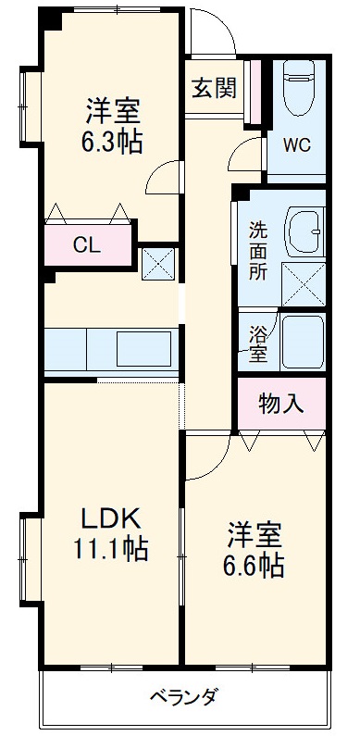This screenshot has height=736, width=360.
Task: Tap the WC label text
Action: (x=296, y=144)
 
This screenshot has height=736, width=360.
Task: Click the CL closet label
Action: (x=87, y=246)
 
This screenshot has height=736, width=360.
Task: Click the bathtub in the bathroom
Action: (x=303, y=343)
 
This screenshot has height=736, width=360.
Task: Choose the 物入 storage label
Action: (x=280, y=404)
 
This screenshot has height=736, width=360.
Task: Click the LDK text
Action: (x=110, y=517)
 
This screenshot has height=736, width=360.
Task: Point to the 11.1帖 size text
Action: (x=110, y=549)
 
